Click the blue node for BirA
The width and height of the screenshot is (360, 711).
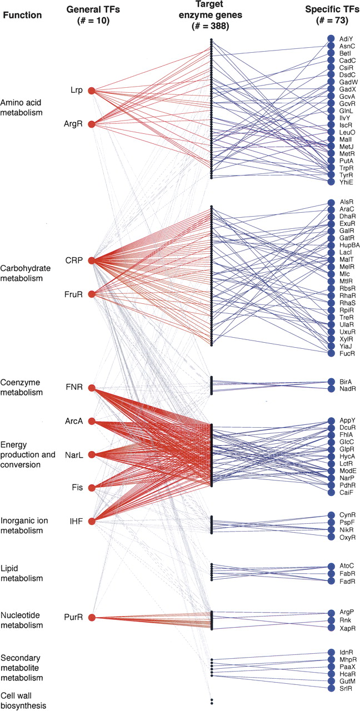tap(331, 382)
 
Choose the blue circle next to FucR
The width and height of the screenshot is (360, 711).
tap(331, 353)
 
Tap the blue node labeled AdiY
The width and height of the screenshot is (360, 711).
tap(331, 38)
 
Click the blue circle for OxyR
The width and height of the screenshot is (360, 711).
tap(331, 537)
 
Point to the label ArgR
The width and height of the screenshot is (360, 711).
tap(73, 124)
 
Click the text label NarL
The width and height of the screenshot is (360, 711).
tap(73, 454)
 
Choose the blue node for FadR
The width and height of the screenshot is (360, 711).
tap(331, 581)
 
